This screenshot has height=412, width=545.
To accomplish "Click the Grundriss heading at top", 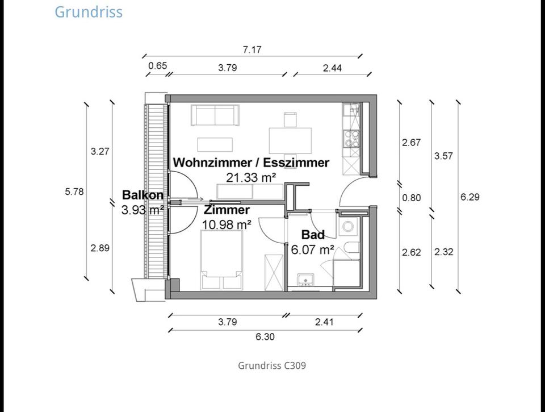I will coord(88,11).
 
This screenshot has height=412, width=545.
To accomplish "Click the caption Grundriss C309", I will coord(272,365).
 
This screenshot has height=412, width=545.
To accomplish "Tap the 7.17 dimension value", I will coord(252,49).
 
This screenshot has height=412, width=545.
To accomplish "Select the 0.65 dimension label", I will coord(157,66).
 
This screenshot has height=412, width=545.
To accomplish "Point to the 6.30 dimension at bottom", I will coord(265,336).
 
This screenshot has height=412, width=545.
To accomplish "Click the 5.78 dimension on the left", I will coord(74,192).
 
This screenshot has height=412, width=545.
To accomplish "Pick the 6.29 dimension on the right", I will coord(470,197).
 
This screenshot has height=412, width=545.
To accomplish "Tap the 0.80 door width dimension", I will coord(412,198).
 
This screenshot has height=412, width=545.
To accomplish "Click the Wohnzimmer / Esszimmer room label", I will coord(251,163).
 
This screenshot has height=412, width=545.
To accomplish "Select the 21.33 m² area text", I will coord(251,177).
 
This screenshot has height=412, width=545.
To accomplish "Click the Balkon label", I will coord(143,195).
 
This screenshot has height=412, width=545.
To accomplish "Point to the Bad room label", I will coord(313,235).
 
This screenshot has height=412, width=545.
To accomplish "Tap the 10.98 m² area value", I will coord(227,224).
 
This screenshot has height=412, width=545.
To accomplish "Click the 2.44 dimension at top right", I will coord(332,68).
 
